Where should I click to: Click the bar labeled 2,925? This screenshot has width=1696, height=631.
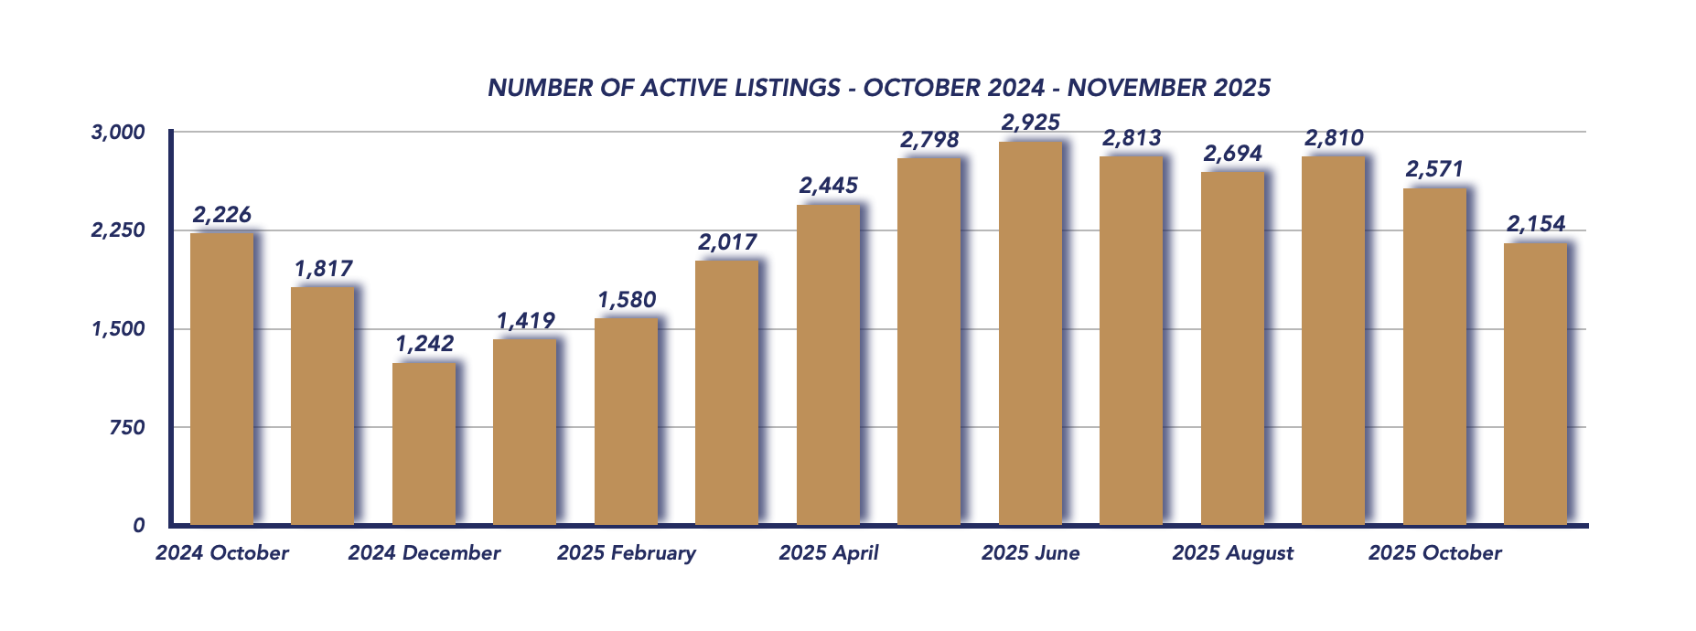[x=1030, y=334]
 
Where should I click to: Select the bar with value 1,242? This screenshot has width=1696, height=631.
[x=424, y=444]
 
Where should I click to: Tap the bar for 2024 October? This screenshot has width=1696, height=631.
[x=221, y=379]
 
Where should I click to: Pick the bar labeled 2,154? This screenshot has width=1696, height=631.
[x=1535, y=384]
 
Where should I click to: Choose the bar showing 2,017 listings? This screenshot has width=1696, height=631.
[x=726, y=393]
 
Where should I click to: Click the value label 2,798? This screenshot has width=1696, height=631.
[x=929, y=140]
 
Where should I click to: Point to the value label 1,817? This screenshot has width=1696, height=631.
[x=323, y=269]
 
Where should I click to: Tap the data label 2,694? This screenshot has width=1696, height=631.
[x=1232, y=154]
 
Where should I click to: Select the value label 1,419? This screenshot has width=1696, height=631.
[x=525, y=321]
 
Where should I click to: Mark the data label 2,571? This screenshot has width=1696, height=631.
[x=1434, y=169]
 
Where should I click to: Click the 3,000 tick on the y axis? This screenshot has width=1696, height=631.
[x=118, y=133]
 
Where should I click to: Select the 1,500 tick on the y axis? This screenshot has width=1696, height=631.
[x=118, y=329]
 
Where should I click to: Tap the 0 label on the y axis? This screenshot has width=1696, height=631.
[x=138, y=526]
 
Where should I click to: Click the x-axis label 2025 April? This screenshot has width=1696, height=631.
[x=828, y=553]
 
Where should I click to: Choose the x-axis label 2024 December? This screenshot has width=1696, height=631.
[x=424, y=553]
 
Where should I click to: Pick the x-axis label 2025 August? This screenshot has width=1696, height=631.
[x=1232, y=553]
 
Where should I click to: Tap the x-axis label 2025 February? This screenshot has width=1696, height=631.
[x=626, y=553]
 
